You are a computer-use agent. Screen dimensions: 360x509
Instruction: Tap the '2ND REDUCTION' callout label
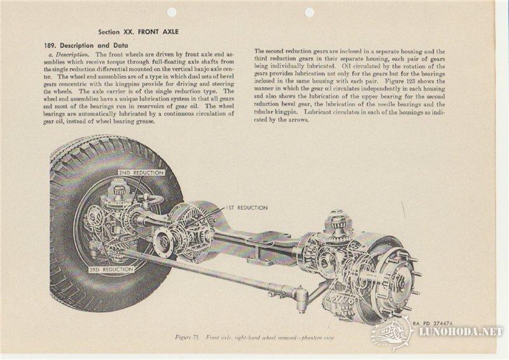[x=141, y=172]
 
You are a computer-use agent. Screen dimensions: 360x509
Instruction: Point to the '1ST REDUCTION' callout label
[x=246, y=207]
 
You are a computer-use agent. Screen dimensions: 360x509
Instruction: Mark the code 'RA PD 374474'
[x=433, y=323]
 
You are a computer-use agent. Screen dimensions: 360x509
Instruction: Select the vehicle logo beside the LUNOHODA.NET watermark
[x=392, y=333]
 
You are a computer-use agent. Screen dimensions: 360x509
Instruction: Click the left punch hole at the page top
[x=172, y=12]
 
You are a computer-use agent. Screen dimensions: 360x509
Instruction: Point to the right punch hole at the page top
[x=309, y=12]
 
